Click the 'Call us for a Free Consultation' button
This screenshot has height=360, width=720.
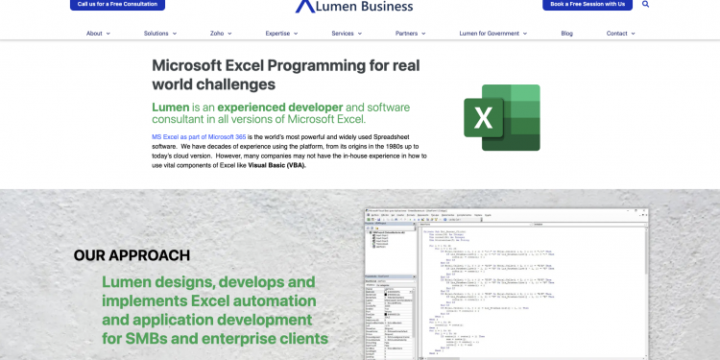[117, 5]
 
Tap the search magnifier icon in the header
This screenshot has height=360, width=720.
[645, 5]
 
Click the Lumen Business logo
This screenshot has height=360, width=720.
[355, 7]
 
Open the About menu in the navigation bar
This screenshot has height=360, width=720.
[98, 34]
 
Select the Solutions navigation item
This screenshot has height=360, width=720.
[159, 34]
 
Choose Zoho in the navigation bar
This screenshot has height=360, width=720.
[220, 34]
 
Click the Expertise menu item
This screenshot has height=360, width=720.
[281, 34]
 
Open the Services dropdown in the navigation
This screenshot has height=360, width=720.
[347, 34]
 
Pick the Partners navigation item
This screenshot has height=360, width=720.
[410, 34]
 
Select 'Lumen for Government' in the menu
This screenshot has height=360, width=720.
[492, 34]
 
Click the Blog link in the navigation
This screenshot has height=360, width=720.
[566, 34]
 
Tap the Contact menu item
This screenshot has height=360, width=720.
[620, 34]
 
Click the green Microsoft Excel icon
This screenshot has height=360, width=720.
[501, 118]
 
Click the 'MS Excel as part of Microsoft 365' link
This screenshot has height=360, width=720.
[199, 138]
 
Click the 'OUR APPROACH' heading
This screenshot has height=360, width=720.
[132, 255]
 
